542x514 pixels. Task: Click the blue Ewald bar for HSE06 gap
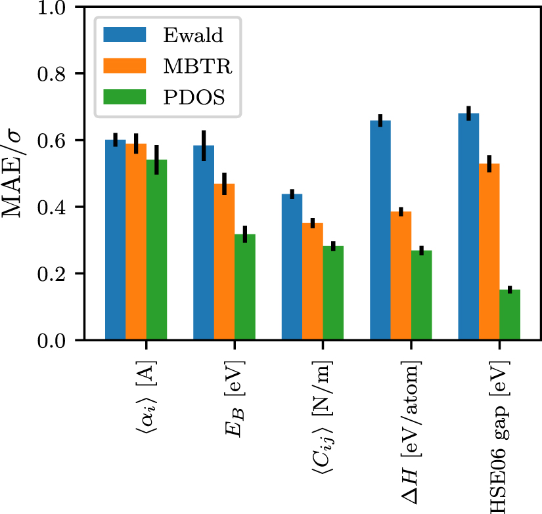coord(468,226)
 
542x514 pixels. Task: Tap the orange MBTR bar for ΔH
coord(401,276)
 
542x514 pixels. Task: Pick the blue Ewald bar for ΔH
coord(380,230)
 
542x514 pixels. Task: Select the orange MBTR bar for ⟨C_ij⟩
coord(313,282)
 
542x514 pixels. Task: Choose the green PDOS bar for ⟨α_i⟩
coord(156,249)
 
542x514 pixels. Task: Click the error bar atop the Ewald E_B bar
coord(204,145)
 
